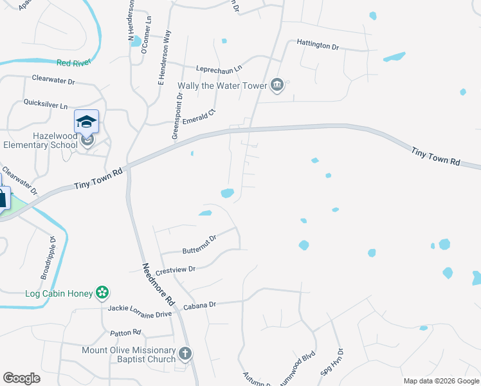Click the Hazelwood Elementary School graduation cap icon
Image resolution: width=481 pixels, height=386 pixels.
coord(86,121)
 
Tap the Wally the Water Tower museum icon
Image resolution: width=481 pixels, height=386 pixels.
coord(277,86)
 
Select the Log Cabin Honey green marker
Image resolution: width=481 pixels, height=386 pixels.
coord(102,293)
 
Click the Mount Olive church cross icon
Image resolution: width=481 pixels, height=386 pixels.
coord(185,353)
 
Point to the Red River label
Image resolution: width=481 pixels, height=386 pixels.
coord(74,62)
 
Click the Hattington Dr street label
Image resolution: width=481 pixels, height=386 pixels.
coord(318,45)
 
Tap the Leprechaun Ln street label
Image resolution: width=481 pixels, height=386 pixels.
coord(219,68)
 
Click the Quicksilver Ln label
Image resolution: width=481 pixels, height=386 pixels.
coord(46,104)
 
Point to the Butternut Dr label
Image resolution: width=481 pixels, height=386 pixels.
coord(200,238)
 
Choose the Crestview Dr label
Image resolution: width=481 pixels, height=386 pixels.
coord(175,270)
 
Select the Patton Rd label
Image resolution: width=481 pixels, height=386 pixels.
coord(125,333)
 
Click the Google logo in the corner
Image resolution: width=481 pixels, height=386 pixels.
coord(21,378)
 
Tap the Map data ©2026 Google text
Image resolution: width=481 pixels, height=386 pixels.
coord(440,381)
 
